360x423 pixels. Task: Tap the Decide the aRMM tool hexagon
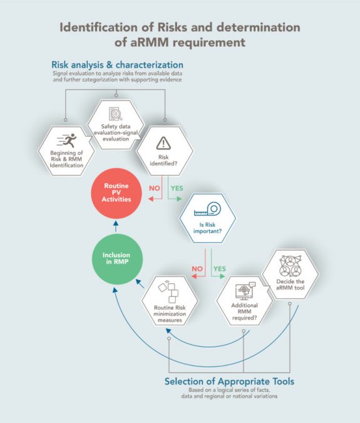click(289, 270)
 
